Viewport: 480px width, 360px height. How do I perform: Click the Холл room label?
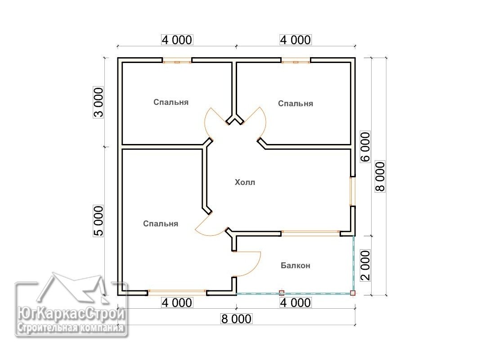click(245, 182)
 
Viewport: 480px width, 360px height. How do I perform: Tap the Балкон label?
click(296, 265)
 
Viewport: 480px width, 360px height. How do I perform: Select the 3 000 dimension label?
click(99, 103)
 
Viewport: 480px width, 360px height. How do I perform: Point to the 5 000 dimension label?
click(99, 220)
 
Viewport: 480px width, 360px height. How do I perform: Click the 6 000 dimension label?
click(365, 147)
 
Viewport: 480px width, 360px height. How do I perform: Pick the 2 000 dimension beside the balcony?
click(365, 265)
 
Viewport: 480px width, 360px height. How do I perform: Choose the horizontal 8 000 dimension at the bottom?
click(236, 319)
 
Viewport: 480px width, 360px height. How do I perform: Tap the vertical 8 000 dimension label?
click(380, 177)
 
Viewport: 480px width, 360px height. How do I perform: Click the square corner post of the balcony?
click(353, 293)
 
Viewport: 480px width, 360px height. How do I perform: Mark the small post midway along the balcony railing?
click(282, 293)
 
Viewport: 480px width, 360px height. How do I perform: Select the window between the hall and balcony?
click(310, 234)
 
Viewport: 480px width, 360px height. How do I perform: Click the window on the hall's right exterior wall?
click(353, 192)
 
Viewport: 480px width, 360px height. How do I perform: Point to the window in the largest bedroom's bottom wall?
click(177, 292)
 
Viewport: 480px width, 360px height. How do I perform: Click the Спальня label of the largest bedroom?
click(161, 224)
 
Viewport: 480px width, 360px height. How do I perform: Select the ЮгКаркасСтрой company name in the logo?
click(72, 314)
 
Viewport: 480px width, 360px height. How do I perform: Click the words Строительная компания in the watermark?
click(71, 328)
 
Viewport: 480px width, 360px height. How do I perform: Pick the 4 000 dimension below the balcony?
click(296, 303)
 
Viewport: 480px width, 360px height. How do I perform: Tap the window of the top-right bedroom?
click(296, 62)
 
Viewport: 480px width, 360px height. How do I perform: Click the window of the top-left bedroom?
click(177, 62)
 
